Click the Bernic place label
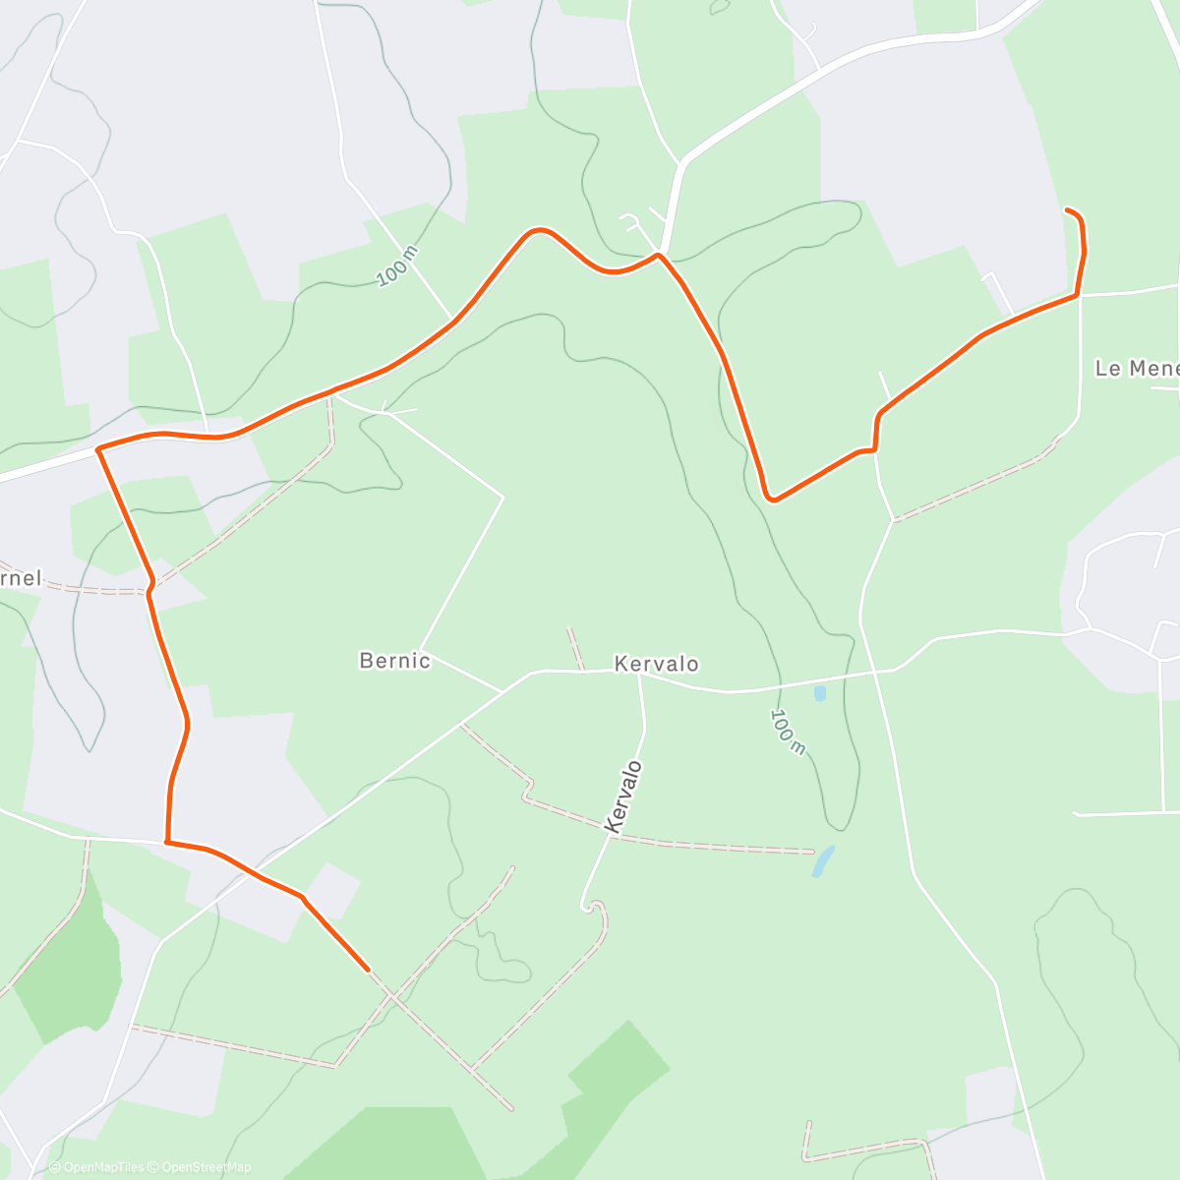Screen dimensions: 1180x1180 click(394, 661)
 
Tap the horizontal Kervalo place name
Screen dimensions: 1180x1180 click(656, 664)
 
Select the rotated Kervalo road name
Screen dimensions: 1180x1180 click(624, 797)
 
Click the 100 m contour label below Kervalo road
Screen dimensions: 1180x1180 click(788, 733)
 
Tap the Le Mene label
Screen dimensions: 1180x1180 click(1136, 369)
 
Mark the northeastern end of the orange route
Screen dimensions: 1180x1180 click(1067, 209)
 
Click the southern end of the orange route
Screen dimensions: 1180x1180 click(368, 970)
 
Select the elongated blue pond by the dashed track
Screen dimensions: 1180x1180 click(823, 861)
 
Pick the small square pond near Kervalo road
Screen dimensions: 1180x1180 click(819, 693)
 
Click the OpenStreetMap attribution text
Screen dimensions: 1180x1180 click(206, 1167)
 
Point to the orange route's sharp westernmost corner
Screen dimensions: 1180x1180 click(98, 449)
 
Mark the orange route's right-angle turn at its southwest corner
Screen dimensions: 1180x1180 click(166, 842)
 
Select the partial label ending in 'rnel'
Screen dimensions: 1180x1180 click(22, 578)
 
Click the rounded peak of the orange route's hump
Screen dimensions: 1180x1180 click(537, 231)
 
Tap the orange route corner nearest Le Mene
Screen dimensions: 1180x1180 click(1078, 294)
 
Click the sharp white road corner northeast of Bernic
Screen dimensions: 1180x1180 click(502, 498)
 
